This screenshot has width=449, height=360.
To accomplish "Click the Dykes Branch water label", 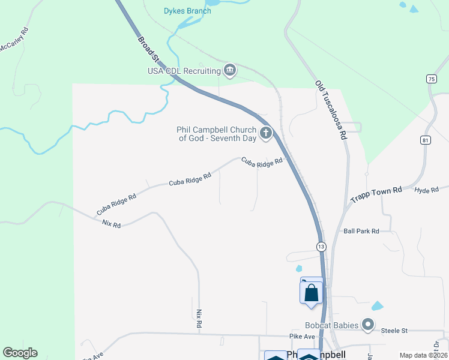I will (187, 11).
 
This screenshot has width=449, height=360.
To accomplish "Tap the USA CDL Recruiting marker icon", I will (230, 71).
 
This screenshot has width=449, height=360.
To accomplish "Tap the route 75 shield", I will (431, 79).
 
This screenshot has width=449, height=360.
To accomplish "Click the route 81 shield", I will (426, 140).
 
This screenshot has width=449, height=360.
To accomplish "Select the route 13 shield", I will (321, 247).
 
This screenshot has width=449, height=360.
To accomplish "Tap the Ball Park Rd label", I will (361, 231).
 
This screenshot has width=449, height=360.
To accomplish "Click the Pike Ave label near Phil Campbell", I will (302, 337).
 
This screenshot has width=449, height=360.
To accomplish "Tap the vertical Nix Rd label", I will (199, 319).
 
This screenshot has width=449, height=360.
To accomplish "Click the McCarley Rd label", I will (14, 40).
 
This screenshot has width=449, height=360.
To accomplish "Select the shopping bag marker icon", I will (311, 293).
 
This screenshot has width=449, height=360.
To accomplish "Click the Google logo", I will (20, 353).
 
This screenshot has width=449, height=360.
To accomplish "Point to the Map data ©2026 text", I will (422, 355).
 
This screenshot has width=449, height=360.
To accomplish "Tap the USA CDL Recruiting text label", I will (184, 71).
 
